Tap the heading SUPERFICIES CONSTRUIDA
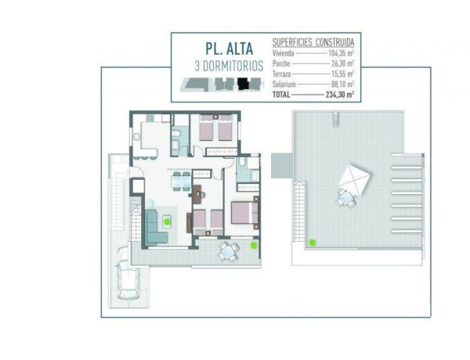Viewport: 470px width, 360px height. click(313, 41)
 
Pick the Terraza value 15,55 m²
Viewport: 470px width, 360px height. click(342, 73)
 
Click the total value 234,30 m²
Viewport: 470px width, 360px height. click(339, 94)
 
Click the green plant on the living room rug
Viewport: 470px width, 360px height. click(165, 221)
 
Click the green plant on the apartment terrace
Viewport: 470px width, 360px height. click(253, 245)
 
